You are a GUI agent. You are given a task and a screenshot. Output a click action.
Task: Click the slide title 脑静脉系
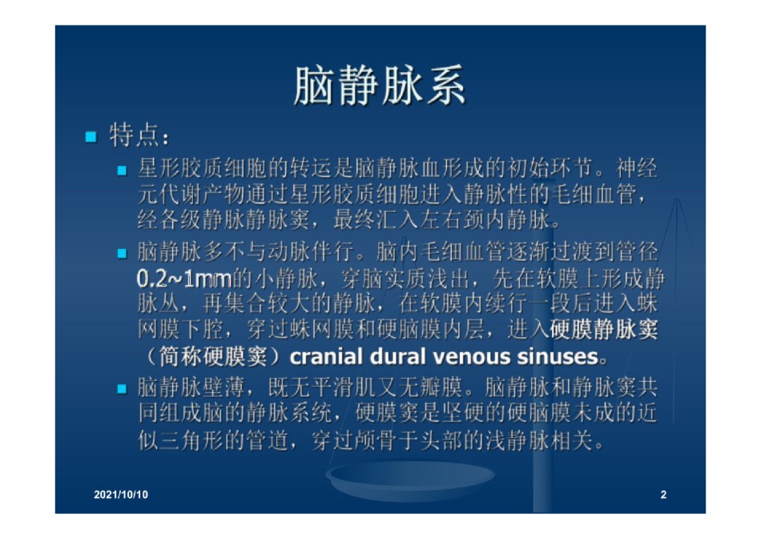(380, 86)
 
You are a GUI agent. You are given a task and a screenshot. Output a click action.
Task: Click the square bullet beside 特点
(91, 137)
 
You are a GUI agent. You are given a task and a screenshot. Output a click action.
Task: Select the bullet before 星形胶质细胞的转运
(122, 171)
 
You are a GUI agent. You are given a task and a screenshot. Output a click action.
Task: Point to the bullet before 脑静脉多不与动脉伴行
(122, 253)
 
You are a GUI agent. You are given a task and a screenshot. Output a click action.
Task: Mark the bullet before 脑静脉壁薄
(122, 388)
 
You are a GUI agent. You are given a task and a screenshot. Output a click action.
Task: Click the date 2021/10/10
(121, 494)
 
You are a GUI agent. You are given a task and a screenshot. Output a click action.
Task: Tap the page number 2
(663, 494)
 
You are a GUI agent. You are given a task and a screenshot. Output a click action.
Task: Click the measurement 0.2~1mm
(184, 279)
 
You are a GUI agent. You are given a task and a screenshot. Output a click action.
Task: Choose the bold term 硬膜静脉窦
(604, 330)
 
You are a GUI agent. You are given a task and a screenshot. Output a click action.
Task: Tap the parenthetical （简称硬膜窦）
(213, 356)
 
